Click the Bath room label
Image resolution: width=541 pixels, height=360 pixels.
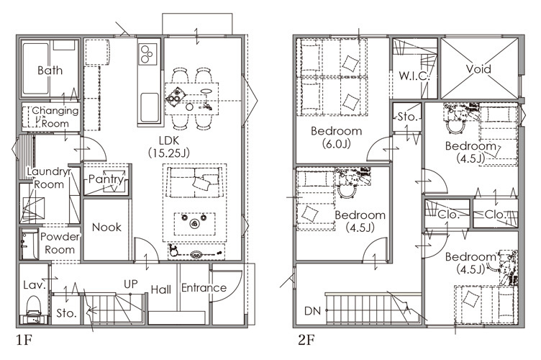(x=50, y=71)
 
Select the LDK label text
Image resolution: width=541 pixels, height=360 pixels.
(x=169, y=140)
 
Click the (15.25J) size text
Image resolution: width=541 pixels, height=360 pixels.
(x=169, y=153)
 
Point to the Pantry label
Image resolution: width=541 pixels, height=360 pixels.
(x=106, y=179)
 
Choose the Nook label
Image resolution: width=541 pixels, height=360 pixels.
(x=106, y=227)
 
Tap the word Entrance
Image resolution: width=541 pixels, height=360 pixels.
(x=204, y=287)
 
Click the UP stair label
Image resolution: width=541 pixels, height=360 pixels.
(x=131, y=284)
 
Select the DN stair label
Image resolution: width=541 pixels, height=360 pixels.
(x=313, y=311)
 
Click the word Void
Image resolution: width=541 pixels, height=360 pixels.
(x=478, y=69)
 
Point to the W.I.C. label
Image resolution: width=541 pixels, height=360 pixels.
(x=414, y=76)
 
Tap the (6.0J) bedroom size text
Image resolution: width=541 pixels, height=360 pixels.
(x=337, y=143)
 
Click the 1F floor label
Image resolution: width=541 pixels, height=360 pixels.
(x=24, y=341)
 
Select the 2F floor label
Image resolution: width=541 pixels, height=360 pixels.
(x=306, y=341)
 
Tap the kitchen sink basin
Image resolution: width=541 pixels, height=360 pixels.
(x=150, y=107)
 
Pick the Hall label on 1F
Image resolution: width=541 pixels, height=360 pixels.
(x=160, y=289)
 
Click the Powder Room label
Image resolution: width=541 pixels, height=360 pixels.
(x=60, y=243)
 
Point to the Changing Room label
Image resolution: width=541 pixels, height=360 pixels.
(x=55, y=117)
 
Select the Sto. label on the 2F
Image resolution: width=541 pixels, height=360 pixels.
(x=407, y=117)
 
